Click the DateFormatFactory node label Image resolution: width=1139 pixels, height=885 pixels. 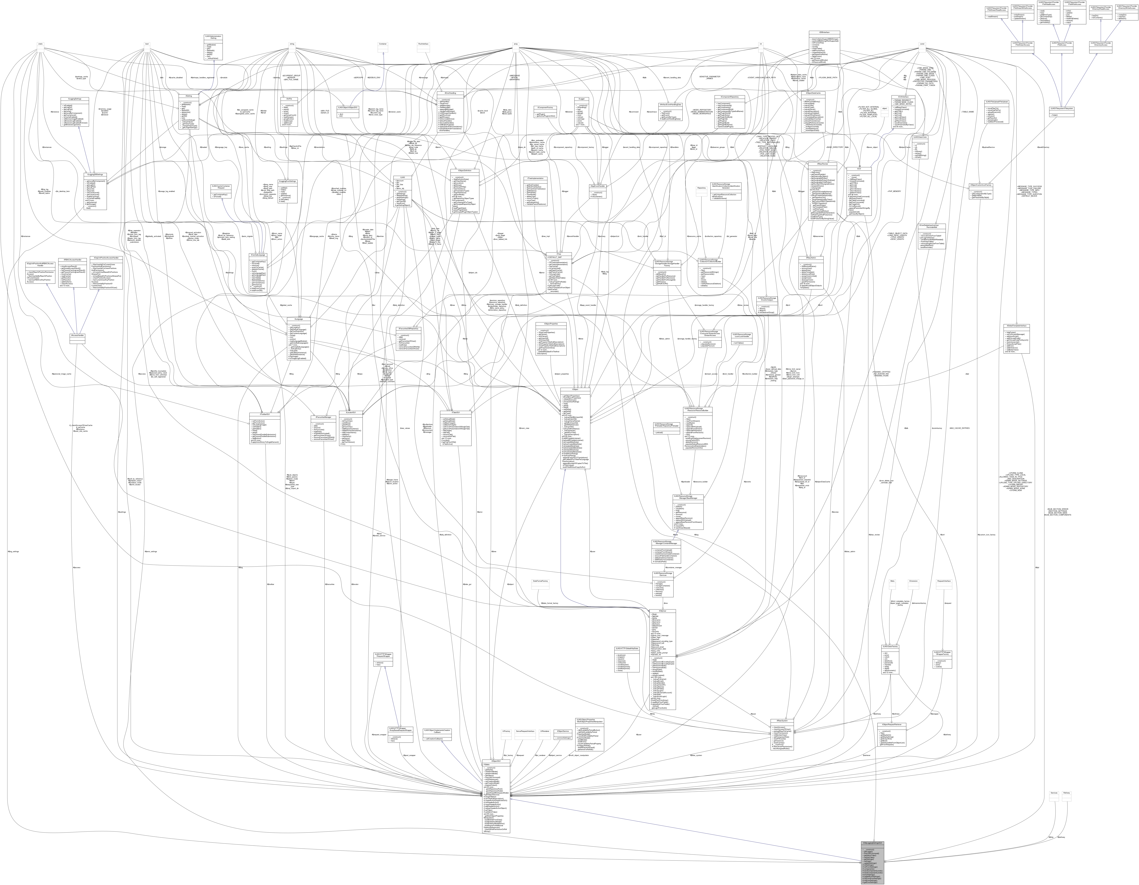click(540, 581)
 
